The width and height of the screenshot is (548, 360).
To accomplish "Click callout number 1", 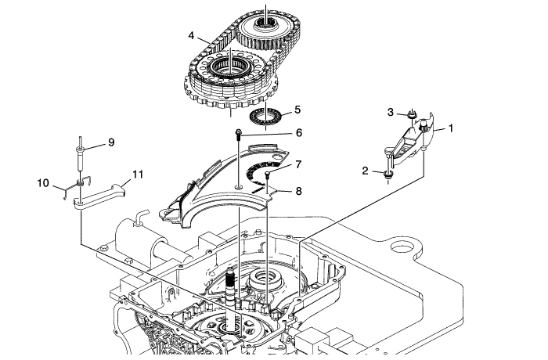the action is coord(451,128).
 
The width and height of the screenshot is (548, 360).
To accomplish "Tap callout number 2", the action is coord(366,171).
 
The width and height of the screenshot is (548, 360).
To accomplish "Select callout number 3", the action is coord(391,112).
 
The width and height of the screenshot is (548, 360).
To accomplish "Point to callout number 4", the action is coord(191,35).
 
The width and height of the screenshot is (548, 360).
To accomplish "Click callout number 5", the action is coord(297,110).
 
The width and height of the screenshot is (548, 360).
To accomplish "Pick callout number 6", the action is coord(299,133).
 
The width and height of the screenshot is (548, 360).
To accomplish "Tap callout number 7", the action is coord(298,164).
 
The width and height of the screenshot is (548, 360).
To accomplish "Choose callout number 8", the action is coord(298,191).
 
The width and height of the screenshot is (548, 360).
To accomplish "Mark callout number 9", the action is coord(111,142).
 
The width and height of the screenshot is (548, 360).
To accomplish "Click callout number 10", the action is coord(43,183).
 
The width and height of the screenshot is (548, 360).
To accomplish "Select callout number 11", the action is coord(138,174).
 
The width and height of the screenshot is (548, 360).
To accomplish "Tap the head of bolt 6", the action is coord(239,132).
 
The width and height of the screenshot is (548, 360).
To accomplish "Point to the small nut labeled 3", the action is coord(413,114).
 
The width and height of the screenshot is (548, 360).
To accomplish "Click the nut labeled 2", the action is coord(388,174).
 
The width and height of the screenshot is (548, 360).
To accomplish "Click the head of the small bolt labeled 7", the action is coord(268,173).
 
